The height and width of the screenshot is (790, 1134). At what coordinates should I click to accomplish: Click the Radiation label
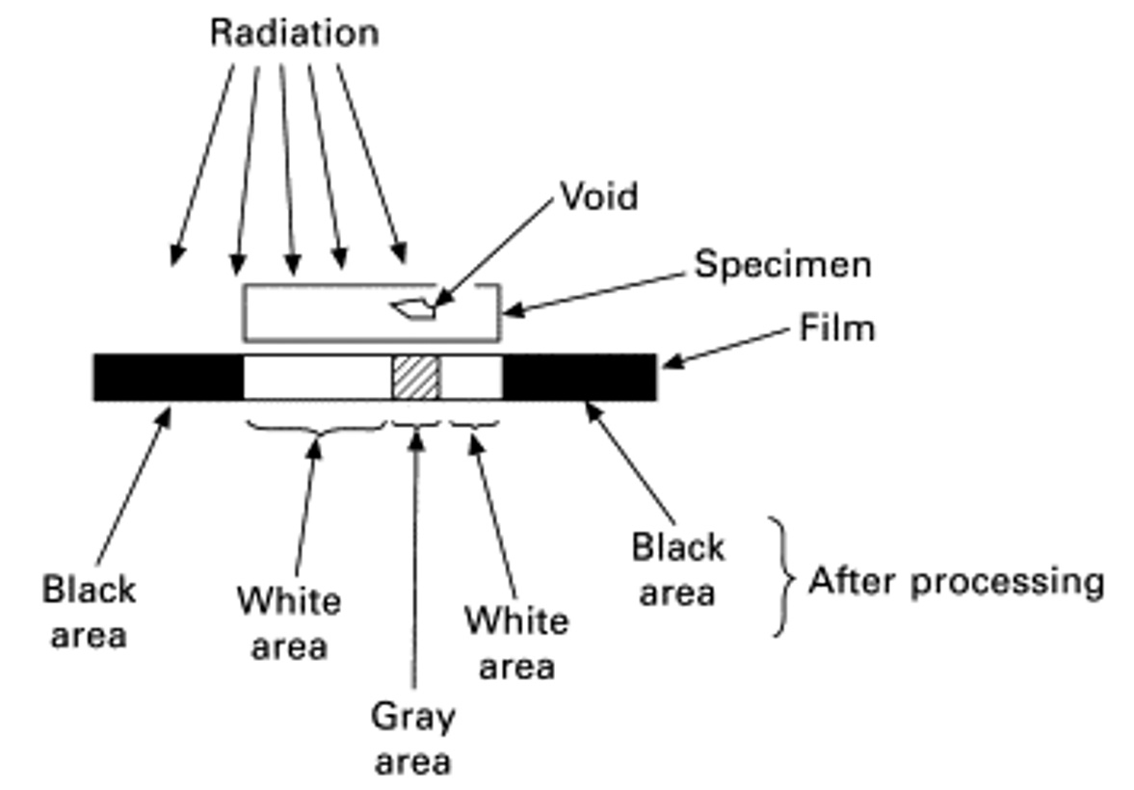pos(295,34)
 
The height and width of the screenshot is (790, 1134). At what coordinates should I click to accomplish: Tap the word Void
pos(599,196)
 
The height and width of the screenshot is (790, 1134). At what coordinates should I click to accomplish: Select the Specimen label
pos(783,266)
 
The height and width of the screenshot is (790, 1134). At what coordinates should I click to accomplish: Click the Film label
pos(836,328)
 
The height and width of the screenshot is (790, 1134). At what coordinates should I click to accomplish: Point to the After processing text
pos(957,582)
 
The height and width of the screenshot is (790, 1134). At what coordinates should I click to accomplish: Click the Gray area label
pos(413,739)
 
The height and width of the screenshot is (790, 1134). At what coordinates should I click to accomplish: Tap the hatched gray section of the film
pos(416,377)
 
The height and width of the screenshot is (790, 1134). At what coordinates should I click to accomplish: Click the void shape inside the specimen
pos(413,308)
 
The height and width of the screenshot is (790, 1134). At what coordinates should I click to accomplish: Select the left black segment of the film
pos(169,377)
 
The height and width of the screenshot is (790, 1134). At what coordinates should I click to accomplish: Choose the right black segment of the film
pos(579,377)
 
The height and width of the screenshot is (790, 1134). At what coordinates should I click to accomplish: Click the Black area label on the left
pos(89,612)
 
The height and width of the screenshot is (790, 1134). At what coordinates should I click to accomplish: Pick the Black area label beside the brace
pos(677,569)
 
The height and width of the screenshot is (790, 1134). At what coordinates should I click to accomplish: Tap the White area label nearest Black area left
pos(289,623)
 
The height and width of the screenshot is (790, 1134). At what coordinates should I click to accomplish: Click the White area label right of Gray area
pos(516,644)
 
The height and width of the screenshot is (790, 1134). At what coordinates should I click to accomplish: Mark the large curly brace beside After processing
pos(782,577)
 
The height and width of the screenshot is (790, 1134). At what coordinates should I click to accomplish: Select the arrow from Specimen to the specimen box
pos(593,294)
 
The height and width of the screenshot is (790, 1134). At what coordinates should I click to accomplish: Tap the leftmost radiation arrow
pos(201,165)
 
